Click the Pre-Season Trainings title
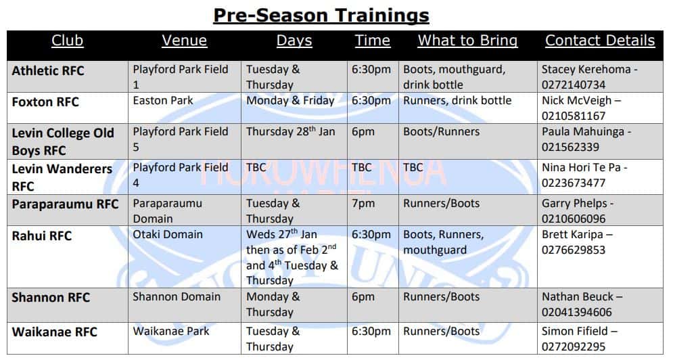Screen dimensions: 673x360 click(x=321, y=16)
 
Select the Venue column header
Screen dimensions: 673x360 click(x=184, y=41)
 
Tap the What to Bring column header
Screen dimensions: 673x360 click(x=467, y=41)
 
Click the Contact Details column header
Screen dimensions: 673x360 click(x=599, y=41)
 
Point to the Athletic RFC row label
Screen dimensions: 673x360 click(x=47, y=70)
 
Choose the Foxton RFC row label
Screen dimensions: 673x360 click(x=45, y=102)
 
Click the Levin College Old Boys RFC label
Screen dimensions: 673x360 click(x=63, y=141)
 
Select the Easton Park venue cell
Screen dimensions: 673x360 click(x=163, y=101)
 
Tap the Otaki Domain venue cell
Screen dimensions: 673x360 click(x=167, y=235)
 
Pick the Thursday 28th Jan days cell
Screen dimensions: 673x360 click(x=290, y=131)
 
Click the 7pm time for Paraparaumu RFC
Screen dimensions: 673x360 click(x=363, y=203)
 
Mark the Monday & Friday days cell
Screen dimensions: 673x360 click(x=290, y=101)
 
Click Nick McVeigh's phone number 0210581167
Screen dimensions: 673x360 click(x=574, y=116)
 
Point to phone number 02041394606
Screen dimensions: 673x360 click(x=576, y=312)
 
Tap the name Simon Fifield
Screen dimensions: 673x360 click(x=575, y=331)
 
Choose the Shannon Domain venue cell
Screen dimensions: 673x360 click(x=177, y=297)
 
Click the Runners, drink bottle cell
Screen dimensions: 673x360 click(x=457, y=101)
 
